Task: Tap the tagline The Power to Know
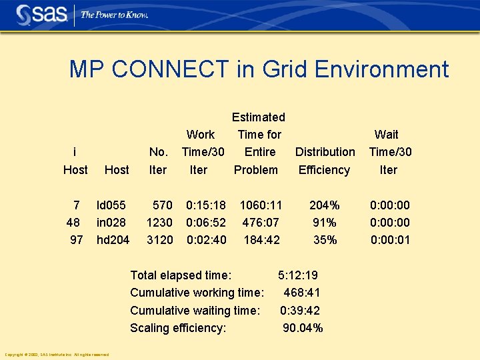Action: tap(115, 15)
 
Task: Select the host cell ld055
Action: tap(111, 205)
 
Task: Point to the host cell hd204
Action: tap(113, 239)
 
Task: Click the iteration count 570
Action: tap(163, 205)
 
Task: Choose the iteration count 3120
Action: tap(160, 239)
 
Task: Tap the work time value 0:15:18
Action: tap(206, 205)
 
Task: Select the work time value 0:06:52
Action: tap(206, 222)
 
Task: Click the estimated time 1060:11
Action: tap(261, 205)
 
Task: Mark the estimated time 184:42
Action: tap(261, 239)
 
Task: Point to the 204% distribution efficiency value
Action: tap(325, 205)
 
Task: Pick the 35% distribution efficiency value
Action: tap(325, 239)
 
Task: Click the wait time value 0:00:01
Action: tap(390, 239)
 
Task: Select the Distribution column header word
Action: tap(325, 152)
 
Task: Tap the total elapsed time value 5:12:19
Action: tap(298, 275)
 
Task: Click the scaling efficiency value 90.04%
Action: tap(303, 327)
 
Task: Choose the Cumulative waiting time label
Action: tap(195, 310)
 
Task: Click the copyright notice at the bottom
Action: tap(57, 354)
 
